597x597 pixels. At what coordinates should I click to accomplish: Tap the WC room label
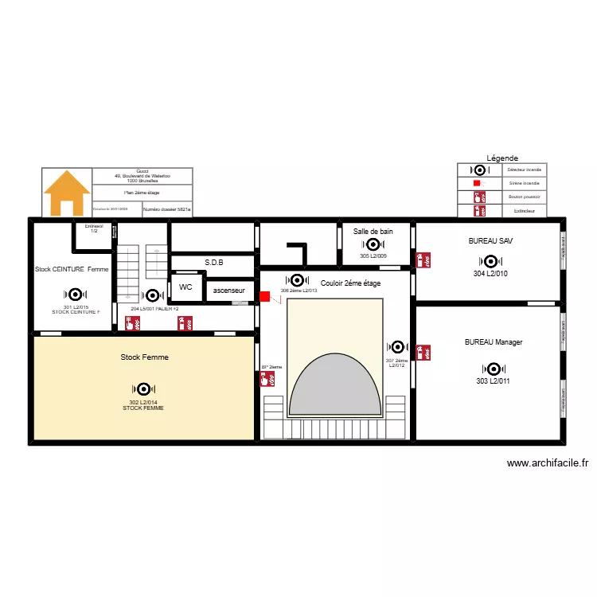(x=185, y=287)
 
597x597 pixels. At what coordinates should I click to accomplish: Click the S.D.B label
(x=213, y=262)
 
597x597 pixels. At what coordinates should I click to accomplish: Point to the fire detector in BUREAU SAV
(x=490, y=261)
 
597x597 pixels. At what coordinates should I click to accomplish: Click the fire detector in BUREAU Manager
(x=494, y=369)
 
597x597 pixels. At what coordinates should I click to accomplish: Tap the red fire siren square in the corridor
(x=264, y=298)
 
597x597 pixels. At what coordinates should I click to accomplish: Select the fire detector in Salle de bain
(x=373, y=244)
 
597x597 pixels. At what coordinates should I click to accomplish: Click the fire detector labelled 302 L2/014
(x=143, y=389)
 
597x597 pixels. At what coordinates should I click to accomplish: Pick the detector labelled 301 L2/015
(x=76, y=295)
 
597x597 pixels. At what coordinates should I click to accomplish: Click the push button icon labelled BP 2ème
(x=265, y=380)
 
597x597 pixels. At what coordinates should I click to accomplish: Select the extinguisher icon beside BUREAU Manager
(x=424, y=351)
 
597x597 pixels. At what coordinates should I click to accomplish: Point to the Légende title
(x=502, y=158)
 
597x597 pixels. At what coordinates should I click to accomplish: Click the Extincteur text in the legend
(x=525, y=211)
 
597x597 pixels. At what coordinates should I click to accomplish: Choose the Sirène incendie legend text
(x=525, y=183)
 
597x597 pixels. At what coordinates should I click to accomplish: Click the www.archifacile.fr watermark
(x=547, y=463)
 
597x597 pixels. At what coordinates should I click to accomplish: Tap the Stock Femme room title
(x=144, y=357)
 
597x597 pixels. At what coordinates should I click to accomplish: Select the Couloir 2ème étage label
(x=350, y=283)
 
